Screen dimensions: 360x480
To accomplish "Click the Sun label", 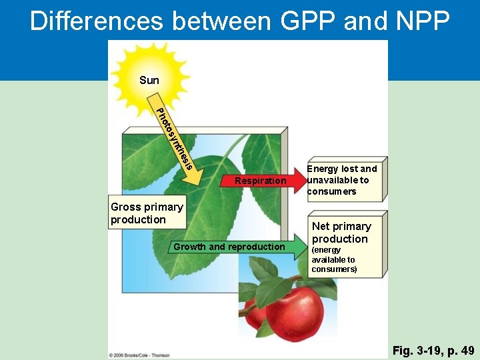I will pyautogui.click(x=149, y=81).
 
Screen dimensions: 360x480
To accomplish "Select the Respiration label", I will pyautogui.click(x=260, y=181).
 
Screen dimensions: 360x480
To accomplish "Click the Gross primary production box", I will pyautogui.click(x=147, y=213).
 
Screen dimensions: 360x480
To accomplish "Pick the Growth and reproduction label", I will pyautogui.click(x=229, y=247).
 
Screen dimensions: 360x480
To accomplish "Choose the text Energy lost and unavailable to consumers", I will pyautogui.click(x=342, y=180).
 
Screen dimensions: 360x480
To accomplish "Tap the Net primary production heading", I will pyautogui.click(x=341, y=233).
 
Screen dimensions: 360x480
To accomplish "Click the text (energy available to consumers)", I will pyautogui.click(x=334, y=260).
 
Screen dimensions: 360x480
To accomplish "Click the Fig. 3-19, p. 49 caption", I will pyautogui.click(x=433, y=351).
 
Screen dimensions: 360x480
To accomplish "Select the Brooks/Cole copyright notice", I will pyautogui.click(x=139, y=355).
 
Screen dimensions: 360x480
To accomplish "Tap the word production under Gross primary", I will pyautogui.click(x=138, y=219).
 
